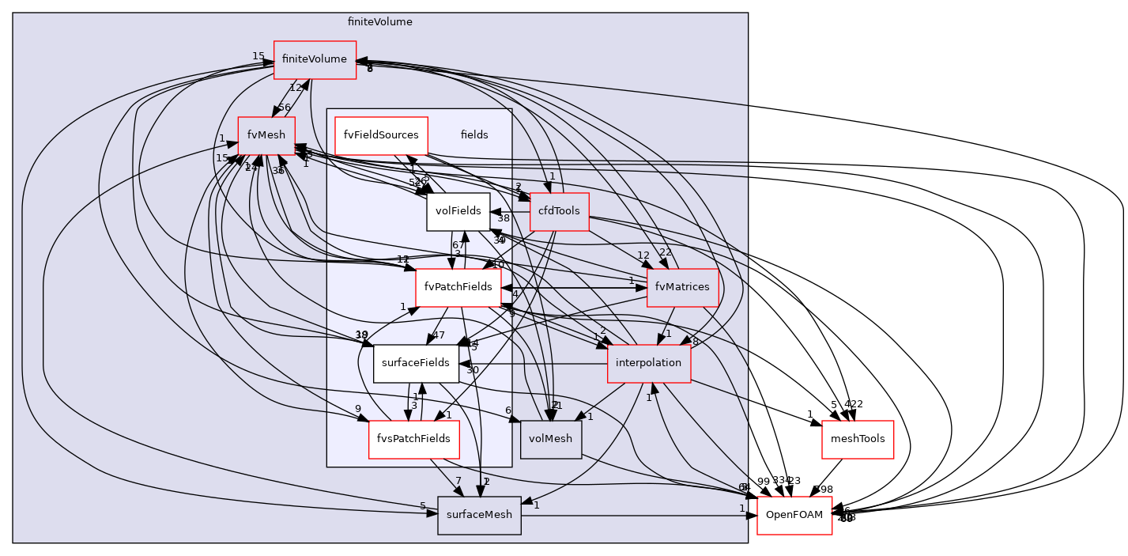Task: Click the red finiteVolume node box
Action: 315,59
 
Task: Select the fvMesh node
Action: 266,135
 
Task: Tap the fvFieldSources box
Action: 381,135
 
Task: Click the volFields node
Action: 458,211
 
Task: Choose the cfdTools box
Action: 559,211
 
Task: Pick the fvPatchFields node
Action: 458,287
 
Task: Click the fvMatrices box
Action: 682,287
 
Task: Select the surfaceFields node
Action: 416,363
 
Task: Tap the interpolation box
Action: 648,363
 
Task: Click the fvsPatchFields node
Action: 413,439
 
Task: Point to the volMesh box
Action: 550,439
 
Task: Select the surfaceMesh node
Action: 479,515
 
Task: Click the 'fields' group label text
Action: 474,135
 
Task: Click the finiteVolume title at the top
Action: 379,22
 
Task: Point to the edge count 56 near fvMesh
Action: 285,108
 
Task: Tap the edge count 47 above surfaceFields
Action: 439,335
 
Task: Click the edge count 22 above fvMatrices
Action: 666,252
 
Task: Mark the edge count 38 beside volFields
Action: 504,218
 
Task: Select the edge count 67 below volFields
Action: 458,245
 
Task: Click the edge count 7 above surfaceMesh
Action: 458,481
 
